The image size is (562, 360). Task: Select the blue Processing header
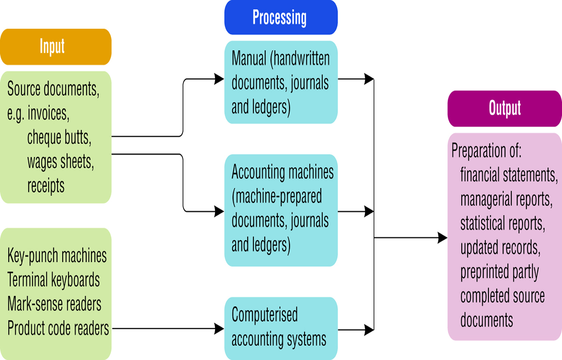coord(280,17)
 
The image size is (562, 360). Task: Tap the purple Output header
coord(505,108)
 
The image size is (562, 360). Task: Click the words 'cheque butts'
coord(59,138)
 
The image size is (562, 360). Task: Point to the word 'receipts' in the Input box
coord(46,185)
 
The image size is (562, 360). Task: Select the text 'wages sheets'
coord(61,162)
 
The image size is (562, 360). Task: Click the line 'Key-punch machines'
coord(57,255)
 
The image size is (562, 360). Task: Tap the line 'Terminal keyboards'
coord(54,280)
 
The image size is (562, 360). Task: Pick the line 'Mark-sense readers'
coord(54,304)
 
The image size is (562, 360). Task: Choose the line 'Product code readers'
coord(58,328)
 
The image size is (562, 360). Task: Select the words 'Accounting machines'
coord(283,172)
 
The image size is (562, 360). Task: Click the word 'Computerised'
coord(264,315)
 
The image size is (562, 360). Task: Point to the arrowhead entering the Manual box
coord(219,79)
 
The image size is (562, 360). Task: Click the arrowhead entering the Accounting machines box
coord(219,212)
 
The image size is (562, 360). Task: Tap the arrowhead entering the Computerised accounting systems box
coord(219,329)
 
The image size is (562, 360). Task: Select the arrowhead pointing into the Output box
coord(442,238)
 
